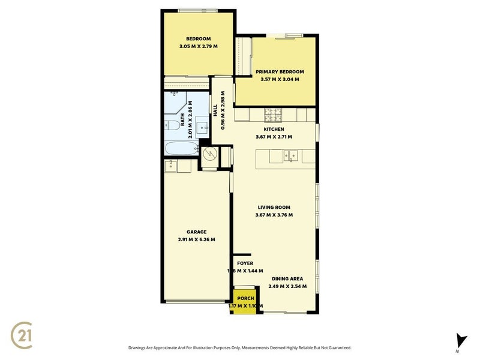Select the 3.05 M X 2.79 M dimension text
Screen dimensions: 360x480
pos(197,46)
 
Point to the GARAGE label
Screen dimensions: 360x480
pos(196,232)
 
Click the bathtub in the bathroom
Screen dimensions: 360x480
pos(178,149)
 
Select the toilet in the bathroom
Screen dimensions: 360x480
pos(170,125)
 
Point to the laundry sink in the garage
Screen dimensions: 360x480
pos(170,166)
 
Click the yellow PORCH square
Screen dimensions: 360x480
pos(245,302)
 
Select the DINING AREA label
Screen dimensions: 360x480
pos(287,279)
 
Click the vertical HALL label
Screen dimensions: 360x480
pos(215,111)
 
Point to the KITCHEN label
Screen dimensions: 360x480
pos(274,130)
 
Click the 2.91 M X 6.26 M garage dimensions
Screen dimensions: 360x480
pos(196,239)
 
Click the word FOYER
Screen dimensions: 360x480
pos(245,263)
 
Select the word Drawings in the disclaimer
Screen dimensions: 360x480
pos(140,348)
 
